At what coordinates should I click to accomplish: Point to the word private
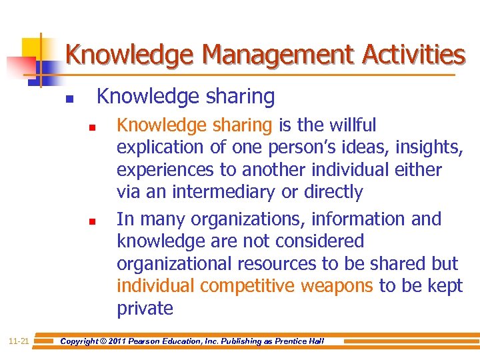pyautogui.click(x=145, y=309)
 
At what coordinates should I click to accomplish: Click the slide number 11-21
pyautogui.click(x=19, y=341)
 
